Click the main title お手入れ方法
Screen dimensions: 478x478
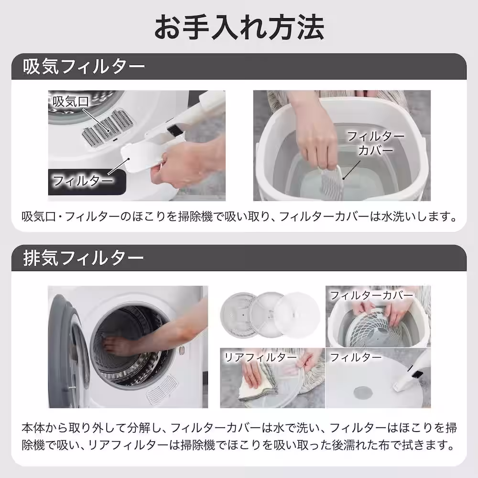(x=239, y=27)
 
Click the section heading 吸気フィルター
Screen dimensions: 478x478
(x=84, y=66)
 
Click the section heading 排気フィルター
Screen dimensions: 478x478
(x=84, y=258)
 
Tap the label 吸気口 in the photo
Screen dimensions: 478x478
(x=71, y=101)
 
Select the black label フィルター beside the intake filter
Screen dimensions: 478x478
(x=83, y=180)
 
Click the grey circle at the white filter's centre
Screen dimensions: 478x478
(x=362, y=392)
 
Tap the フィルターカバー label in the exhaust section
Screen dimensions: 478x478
(x=371, y=295)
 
